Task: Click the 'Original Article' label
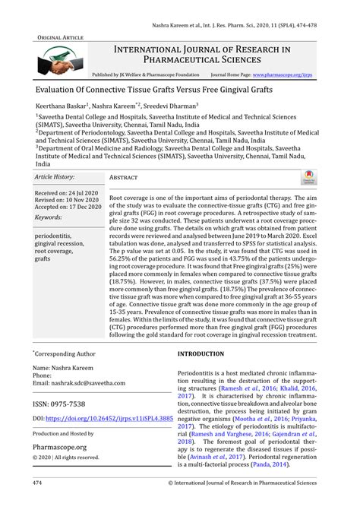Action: pos(59,36)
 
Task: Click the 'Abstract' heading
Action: pos(123,176)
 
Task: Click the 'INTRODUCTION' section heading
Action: pos(201,354)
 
